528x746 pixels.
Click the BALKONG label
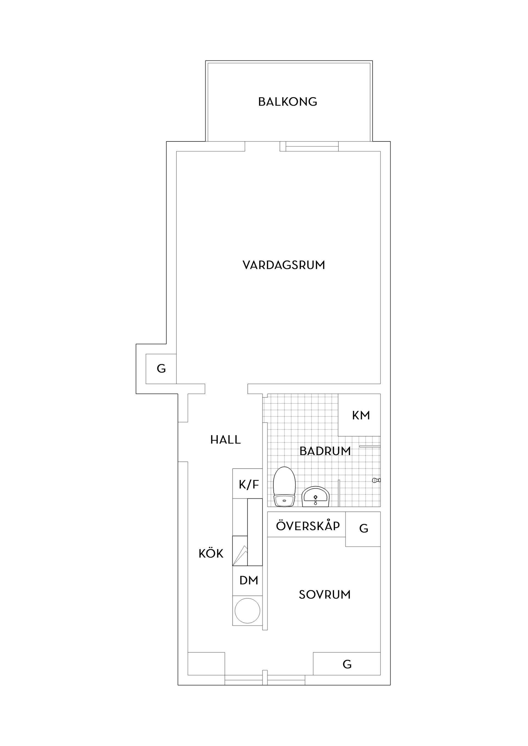coord(288,102)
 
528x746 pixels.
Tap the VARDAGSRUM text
coord(284,265)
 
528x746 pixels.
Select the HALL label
coord(226,440)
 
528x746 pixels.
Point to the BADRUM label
coord(325,451)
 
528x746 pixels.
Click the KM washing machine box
coord(359,415)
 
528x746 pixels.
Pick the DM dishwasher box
coord(248,580)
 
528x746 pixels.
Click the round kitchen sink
coord(248,611)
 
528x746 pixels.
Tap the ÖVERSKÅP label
coord(308,526)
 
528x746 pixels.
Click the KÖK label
coord(211,554)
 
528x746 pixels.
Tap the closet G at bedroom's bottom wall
coord(347,664)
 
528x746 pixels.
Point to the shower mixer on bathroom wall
coord(376,480)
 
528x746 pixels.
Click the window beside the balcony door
coord(312,147)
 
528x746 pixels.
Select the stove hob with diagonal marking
coord(240,550)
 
